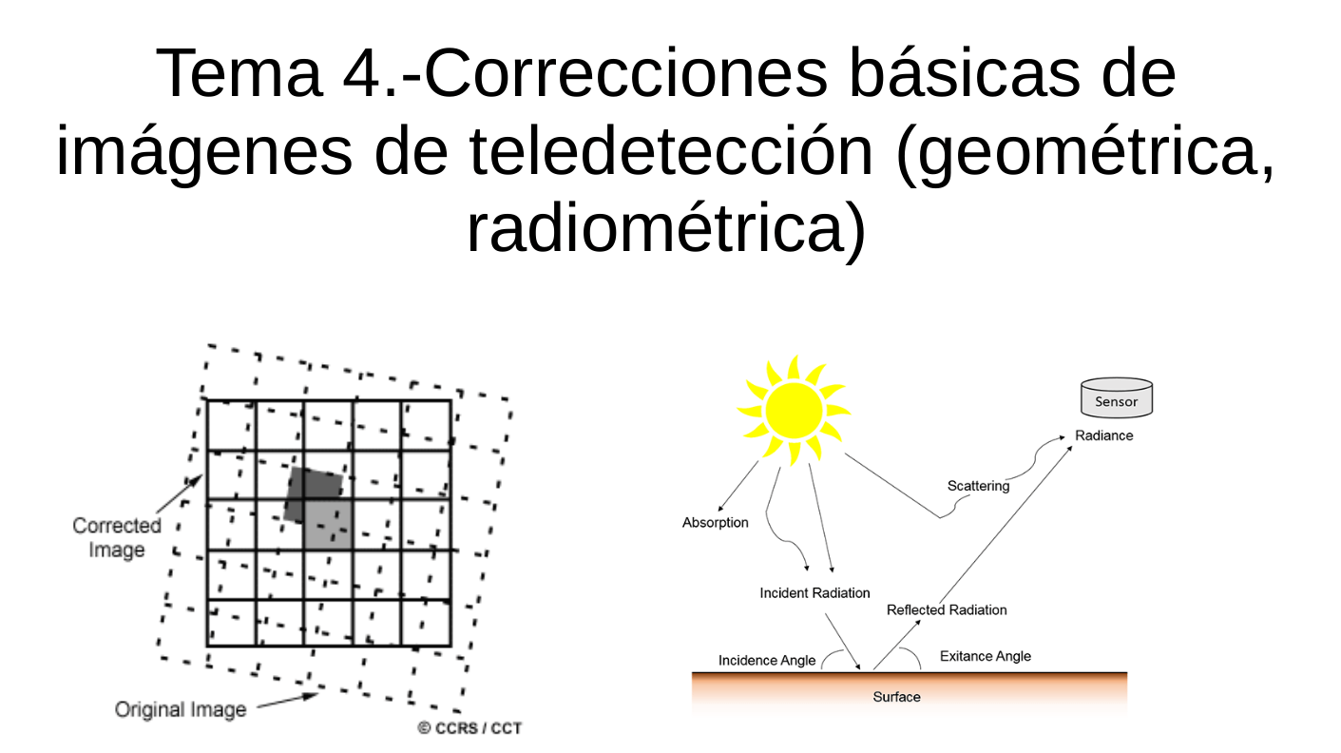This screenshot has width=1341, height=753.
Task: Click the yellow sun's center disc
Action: pyautogui.click(x=794, y=411)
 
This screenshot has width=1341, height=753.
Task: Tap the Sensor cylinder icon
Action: pyautogui.click(x=1116, y=398)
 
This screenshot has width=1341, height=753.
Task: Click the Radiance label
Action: pyautogui.click(x=1103, y=435)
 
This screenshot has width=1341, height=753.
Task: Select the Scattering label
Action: pyautogui.click(x=978, y=486)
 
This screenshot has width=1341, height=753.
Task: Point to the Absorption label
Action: pyautogui.click(x=715, y=523)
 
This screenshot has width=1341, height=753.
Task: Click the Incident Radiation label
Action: pyautogui.click(x=814, y=593)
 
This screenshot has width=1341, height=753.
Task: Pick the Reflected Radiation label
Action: pyautogui.click(x=946, y=609)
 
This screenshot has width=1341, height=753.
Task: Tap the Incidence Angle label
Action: pyautogui.click(x=766, y=660)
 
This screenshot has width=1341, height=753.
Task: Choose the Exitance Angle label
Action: pyautogui.click(x=985, y=656)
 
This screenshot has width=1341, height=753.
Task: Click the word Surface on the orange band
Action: pyautogui.click(x=896, y=697)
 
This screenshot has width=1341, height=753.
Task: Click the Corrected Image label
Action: pyautogui.click(x=117, y=537)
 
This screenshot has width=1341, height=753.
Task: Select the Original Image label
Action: pyautogui.click(x=180, y=709)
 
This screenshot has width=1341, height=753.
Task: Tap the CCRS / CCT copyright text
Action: pyautogui.click(x=469, y=728)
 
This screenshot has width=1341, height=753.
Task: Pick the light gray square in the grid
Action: pyautogui.click(x=328, y=524)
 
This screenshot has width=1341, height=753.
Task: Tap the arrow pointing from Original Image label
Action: pyautogui.click(x=287, y=700)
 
